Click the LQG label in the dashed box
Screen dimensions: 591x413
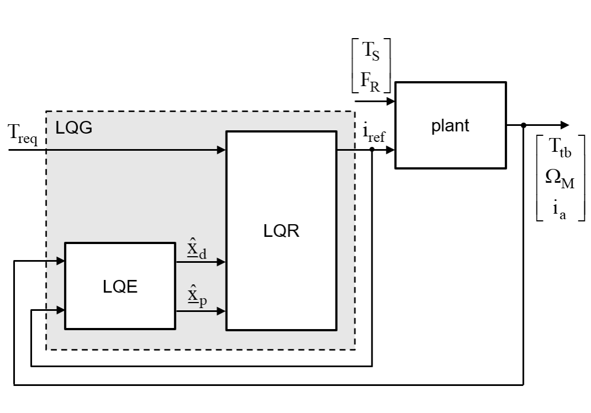coord(74,128)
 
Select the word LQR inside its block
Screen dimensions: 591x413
coord(281,231)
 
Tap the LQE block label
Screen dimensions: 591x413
coord(120,287)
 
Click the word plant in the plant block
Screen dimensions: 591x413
coord(450,126)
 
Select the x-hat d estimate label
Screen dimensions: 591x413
coord(197,249)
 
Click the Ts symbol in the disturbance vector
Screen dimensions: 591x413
coord(370,51)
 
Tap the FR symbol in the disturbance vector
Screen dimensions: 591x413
coord(370,81)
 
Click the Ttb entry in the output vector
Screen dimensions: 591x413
coord(559,147)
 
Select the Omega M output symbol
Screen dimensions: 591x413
coord(559,178)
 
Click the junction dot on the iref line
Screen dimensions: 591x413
coord(372,150)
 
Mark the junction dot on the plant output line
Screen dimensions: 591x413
coord(523,125)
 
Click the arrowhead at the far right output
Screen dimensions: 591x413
coord(565,125)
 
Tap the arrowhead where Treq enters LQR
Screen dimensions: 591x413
coord(222,150)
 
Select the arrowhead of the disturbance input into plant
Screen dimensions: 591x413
coord(391,101)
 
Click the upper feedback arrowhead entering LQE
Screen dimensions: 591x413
coord(61,261)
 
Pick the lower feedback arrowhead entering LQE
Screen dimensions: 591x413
coord(61,310)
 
